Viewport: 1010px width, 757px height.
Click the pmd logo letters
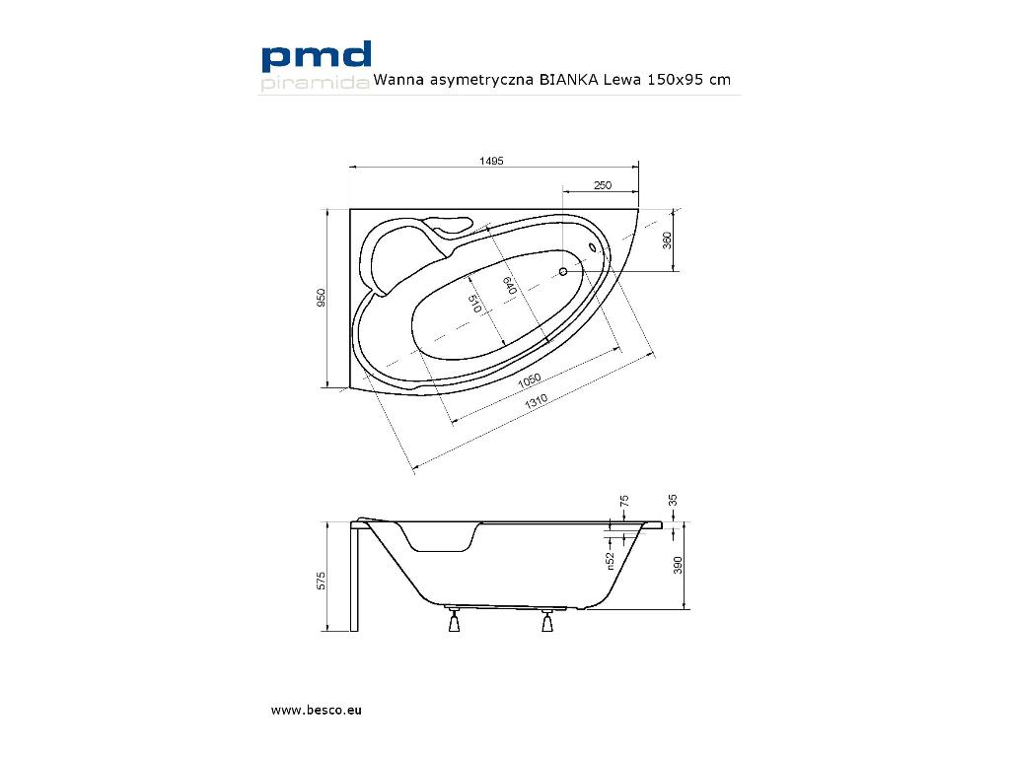point(316,56)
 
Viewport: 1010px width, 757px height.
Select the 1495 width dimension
point(494,161)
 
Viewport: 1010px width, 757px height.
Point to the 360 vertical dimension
point(667,241)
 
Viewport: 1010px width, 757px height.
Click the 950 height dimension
point(322,299)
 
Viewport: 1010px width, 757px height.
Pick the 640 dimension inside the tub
point(509,287)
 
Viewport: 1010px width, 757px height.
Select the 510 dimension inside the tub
point(473,304)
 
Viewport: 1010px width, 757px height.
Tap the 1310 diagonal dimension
point(537,401)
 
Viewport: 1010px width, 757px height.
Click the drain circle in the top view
point(563,270)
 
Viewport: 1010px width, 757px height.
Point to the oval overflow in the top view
point(594,247)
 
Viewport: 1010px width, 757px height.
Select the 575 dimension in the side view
point(322,580)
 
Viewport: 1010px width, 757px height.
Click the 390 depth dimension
point(676,565)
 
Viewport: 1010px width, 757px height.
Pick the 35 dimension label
point(673,501)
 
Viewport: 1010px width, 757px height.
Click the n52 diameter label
point(612,561)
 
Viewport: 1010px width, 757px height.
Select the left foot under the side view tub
point(454,622)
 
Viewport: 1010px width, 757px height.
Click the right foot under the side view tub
point(546,622)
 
